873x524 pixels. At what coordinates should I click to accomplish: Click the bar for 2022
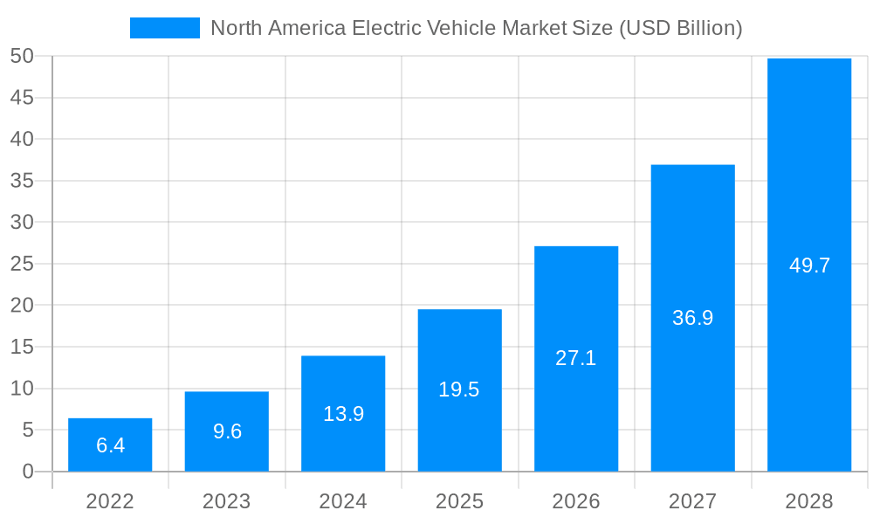pos(110,445)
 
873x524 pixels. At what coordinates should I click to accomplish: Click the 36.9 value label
pos(693,318)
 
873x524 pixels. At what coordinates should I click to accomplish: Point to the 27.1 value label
pos(576,358)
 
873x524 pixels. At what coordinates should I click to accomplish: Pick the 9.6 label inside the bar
pos(227,431)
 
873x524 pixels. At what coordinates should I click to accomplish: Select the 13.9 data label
pos(343,414)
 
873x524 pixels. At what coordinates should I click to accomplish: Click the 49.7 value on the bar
pos(809,265)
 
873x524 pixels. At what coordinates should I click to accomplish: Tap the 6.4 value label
pos(110,445)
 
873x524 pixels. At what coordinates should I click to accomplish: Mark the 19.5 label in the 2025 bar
pos(459,390)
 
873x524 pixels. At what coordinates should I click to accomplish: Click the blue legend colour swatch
pos(165,28)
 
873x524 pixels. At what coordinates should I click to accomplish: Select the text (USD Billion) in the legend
pos(680,28)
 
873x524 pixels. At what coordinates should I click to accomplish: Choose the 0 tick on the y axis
pos(28,472)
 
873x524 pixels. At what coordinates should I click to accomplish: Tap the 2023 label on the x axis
pos(227,501)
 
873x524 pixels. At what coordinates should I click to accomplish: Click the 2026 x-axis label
pos(576,501)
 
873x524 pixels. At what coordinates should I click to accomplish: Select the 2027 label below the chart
pos(693,501)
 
